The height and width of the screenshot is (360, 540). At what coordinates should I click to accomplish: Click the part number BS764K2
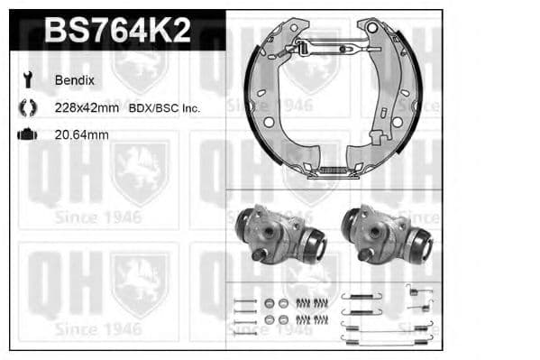pos(117,32)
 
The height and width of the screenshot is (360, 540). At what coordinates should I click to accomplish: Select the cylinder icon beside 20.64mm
pos(27,134)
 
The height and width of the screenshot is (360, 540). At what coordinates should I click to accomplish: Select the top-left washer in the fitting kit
pos(268,302)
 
